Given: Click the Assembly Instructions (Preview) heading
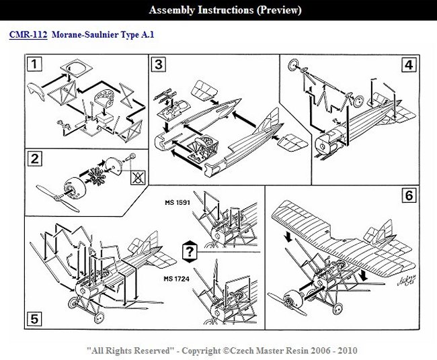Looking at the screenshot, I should coord(225,10).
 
